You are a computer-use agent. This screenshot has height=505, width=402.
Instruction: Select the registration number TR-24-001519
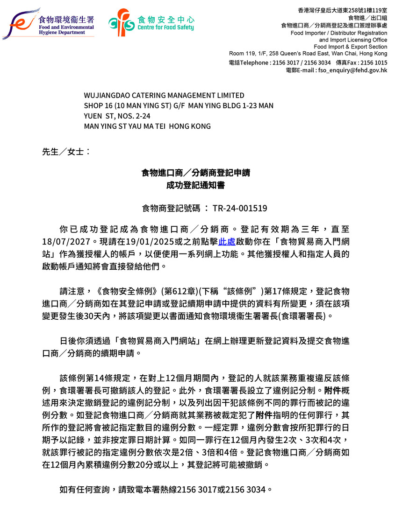pos(240,208)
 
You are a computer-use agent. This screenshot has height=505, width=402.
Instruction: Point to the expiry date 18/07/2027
pos(67,242)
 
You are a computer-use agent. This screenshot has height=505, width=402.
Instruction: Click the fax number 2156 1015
pos(374,63)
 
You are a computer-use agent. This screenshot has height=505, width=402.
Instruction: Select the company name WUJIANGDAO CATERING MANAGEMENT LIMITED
pos(164,96)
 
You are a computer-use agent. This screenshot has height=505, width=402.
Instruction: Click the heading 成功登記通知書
pos(196,185)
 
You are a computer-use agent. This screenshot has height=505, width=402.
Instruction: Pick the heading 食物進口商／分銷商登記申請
pos(196,173)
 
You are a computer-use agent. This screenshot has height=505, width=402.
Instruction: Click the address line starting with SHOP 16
pos(179,106)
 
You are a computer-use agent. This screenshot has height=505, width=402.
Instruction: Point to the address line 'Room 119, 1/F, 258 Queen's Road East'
pos(308,54)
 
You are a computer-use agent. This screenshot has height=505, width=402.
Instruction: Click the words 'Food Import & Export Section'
pos(350,47)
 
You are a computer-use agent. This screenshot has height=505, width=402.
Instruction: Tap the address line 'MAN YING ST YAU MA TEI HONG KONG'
pos(147,126)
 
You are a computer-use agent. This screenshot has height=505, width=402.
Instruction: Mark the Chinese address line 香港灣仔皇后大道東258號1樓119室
pos(342,10)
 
